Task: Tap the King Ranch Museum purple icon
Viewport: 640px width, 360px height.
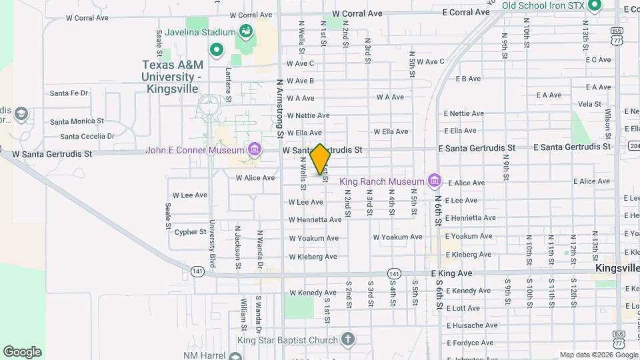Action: pos(435,181)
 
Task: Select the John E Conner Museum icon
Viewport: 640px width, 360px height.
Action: pos(254,149)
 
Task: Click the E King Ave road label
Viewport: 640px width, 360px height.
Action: pos(451,273)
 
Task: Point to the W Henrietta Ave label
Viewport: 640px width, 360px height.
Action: pos(315,219)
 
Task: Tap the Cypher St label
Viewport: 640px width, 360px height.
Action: pos(190,232)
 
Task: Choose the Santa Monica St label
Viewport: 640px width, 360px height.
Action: pos(77,121)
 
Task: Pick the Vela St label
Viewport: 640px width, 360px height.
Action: pos(589,104)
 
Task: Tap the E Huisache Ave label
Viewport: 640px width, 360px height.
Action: pos(473,325)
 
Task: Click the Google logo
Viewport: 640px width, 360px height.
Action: pos(22,352)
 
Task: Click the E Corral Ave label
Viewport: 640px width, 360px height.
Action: pos(466,12)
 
